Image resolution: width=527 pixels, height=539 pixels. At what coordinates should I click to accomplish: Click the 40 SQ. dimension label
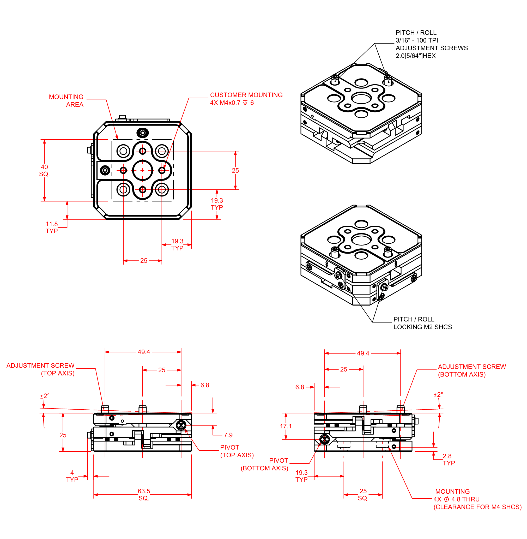coord(44,171)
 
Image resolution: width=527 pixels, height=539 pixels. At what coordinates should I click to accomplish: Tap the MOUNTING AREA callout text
coord(66,101)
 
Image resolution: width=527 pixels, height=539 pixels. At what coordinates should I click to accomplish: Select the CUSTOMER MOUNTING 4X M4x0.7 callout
coord(246,99)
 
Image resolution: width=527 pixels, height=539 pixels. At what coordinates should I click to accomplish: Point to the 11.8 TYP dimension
coord(52,228)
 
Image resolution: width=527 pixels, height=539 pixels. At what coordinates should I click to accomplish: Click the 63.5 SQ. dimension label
coord(144,495)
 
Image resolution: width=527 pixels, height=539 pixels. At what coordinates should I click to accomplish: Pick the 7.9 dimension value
coord(228,435)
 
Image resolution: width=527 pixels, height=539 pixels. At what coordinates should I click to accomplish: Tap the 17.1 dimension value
coord(286,426)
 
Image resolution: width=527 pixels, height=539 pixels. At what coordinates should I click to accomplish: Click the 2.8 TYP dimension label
coord(449,459)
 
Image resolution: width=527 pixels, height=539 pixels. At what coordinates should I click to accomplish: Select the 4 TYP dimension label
coord(72,476)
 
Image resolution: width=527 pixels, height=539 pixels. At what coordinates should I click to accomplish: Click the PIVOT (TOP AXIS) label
coord(237,451)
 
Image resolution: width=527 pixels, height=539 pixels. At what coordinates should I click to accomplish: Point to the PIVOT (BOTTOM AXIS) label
coord(264,464)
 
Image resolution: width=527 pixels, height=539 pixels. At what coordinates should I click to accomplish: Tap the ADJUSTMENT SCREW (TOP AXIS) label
coord(41,369)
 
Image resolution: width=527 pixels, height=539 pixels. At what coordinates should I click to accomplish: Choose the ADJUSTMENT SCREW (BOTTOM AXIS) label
coord(472,371)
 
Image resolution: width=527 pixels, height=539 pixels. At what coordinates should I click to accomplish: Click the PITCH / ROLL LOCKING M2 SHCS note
coord(422,323)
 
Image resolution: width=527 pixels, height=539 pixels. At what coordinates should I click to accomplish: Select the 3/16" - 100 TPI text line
coord(417,40)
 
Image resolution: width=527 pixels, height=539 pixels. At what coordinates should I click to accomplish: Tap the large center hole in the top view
coord(143,170)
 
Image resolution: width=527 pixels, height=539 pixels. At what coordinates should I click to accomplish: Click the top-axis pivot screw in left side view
coord(181,425)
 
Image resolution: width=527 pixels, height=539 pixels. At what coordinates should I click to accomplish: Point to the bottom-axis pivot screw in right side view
coord(324,439)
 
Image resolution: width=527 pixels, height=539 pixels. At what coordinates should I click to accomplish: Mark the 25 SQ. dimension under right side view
coord(363,495)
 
